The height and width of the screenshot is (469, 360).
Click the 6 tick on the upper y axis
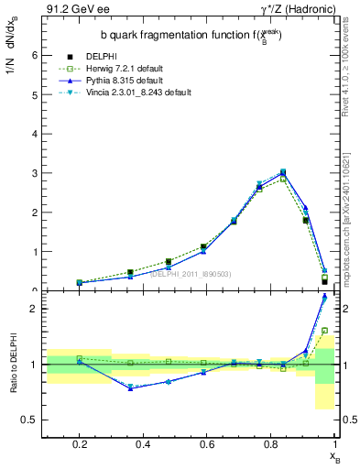pyautogui.click(x=34, y=55)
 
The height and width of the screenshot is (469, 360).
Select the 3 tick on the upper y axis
pyautogui.click(x=34, y=173)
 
